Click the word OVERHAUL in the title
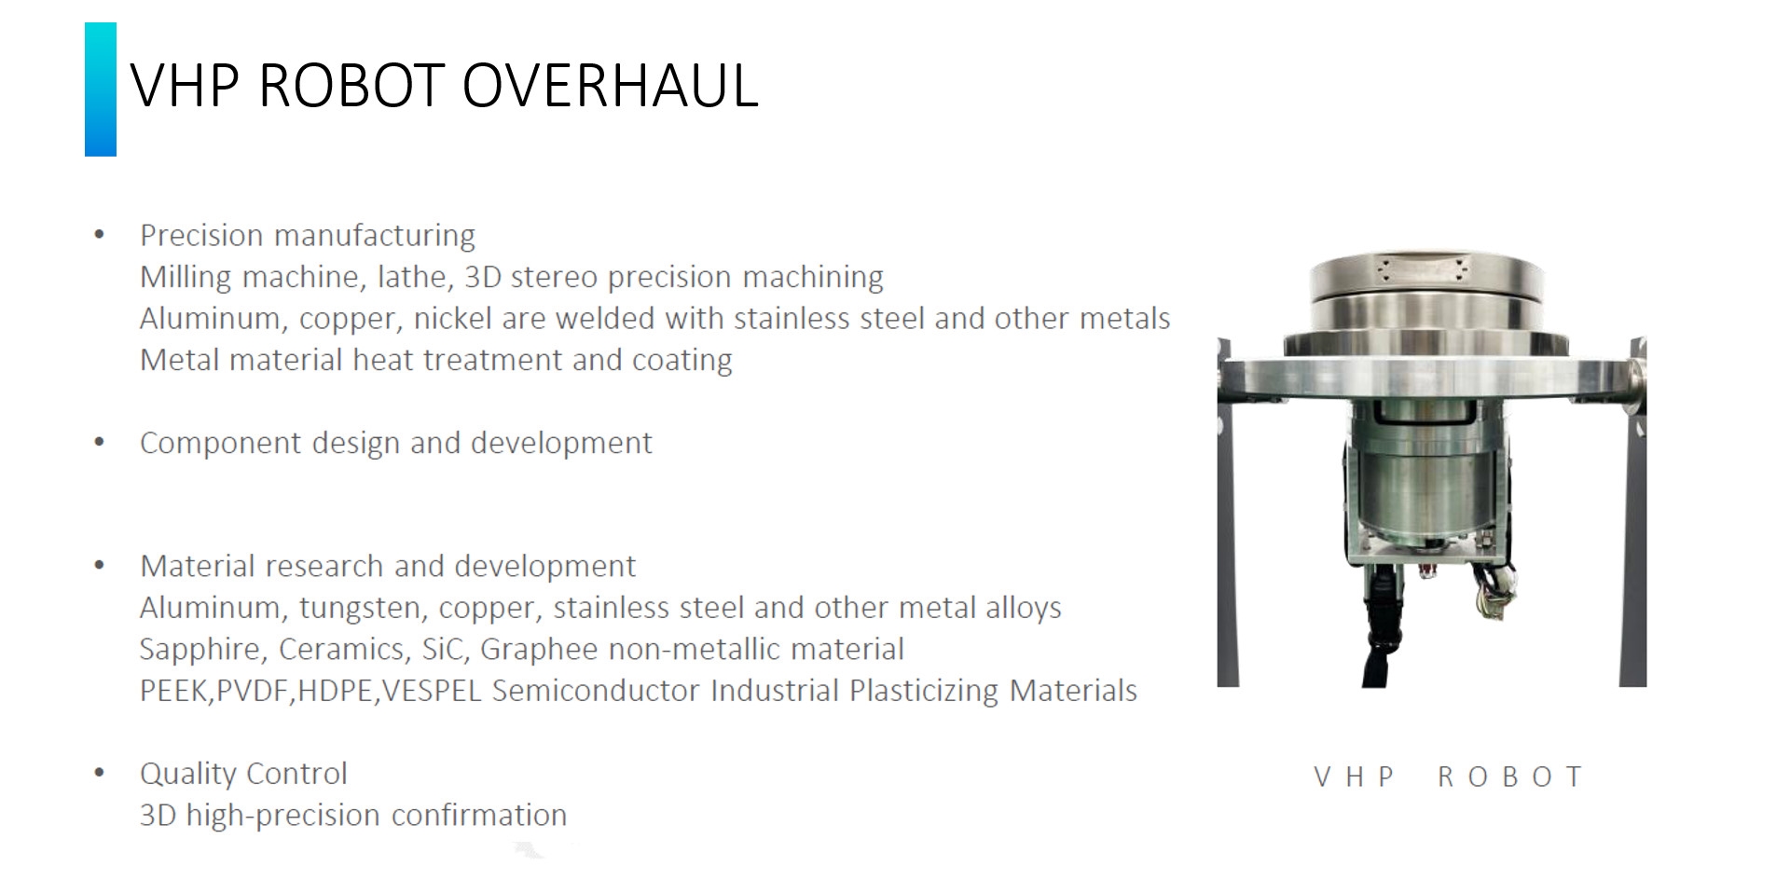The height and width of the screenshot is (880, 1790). pyautogui.click(x=610, y=86)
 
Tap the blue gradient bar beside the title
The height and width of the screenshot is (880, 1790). pyautogui.click(x=101, y=89)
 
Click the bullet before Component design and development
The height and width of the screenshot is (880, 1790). pyautogui.click(x=100, y=443)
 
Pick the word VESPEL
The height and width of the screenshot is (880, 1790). pyautogui.click(x=432, y=691)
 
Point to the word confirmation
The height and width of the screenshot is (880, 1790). pyautogui.click(x=479, y=816)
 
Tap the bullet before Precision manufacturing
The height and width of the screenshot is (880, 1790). pyautogui.click(x=100, y=235)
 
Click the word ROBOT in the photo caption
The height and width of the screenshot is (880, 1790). pyautogui.click(x=1510, y=777)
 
